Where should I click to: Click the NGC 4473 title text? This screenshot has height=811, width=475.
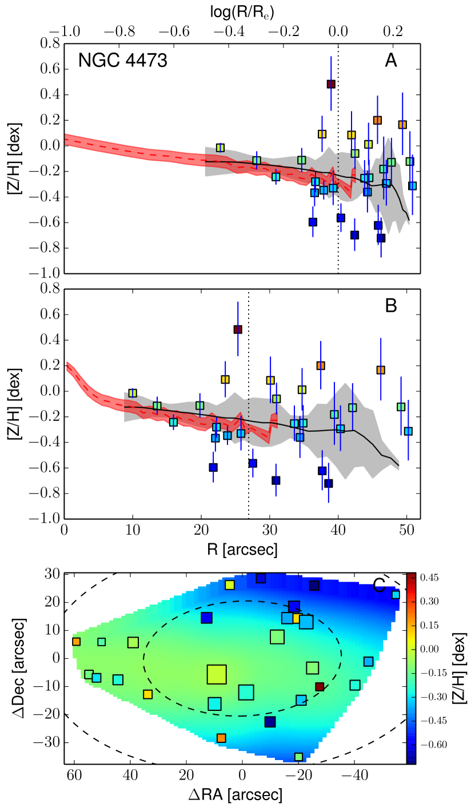pyautogui.click(x=123, y=61)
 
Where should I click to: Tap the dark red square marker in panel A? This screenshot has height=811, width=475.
pyautogui.click(x=331, y=84)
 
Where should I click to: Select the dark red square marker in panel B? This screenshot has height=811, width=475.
pyautogui.click(x=238, y=329)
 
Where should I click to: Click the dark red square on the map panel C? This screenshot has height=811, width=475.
pyautogui.click(x=320, y=686)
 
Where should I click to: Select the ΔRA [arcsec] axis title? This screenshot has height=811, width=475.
pyautogui.click(x=242, y=795)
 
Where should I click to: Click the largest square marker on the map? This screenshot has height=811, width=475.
pyautogui.click(x=217, y=675)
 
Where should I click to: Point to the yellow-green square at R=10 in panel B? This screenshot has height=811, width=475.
pyautogui.click(x=133, y=393)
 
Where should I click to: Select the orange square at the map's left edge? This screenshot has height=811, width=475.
pyautogui.click(x=77, y=642)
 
